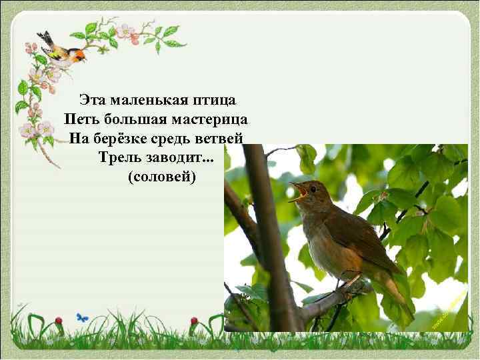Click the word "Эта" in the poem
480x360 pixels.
coord(93,100)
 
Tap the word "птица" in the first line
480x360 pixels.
coord(214,100)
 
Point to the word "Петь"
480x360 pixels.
coord(79,119)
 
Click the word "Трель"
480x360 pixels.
coord(116,158)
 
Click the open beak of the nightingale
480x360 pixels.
coord(297,191)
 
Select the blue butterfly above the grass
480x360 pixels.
coord(82,318)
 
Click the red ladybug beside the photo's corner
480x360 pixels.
coord(194,321)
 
